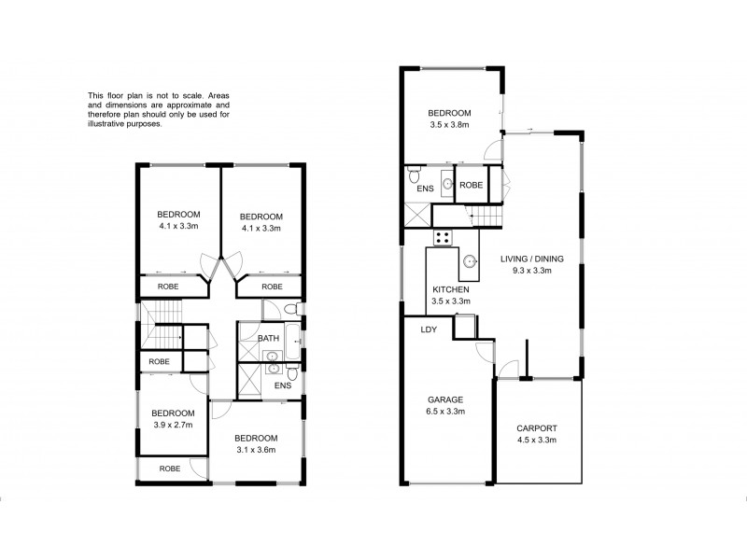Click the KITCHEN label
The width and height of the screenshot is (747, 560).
(x=450, y=290)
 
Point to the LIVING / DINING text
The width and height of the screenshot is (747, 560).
(x=526, y=260)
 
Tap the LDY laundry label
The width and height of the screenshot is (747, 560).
(x=429, y=329)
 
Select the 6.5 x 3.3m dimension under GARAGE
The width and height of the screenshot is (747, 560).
(x=445, y=411)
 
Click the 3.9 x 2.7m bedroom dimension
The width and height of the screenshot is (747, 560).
(x=174, y=425)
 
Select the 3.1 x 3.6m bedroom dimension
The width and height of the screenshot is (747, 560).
(x=255, y=450)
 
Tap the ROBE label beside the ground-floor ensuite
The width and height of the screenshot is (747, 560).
(x=471, y=185)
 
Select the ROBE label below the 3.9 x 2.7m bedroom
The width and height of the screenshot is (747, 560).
(x=169, y=469)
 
